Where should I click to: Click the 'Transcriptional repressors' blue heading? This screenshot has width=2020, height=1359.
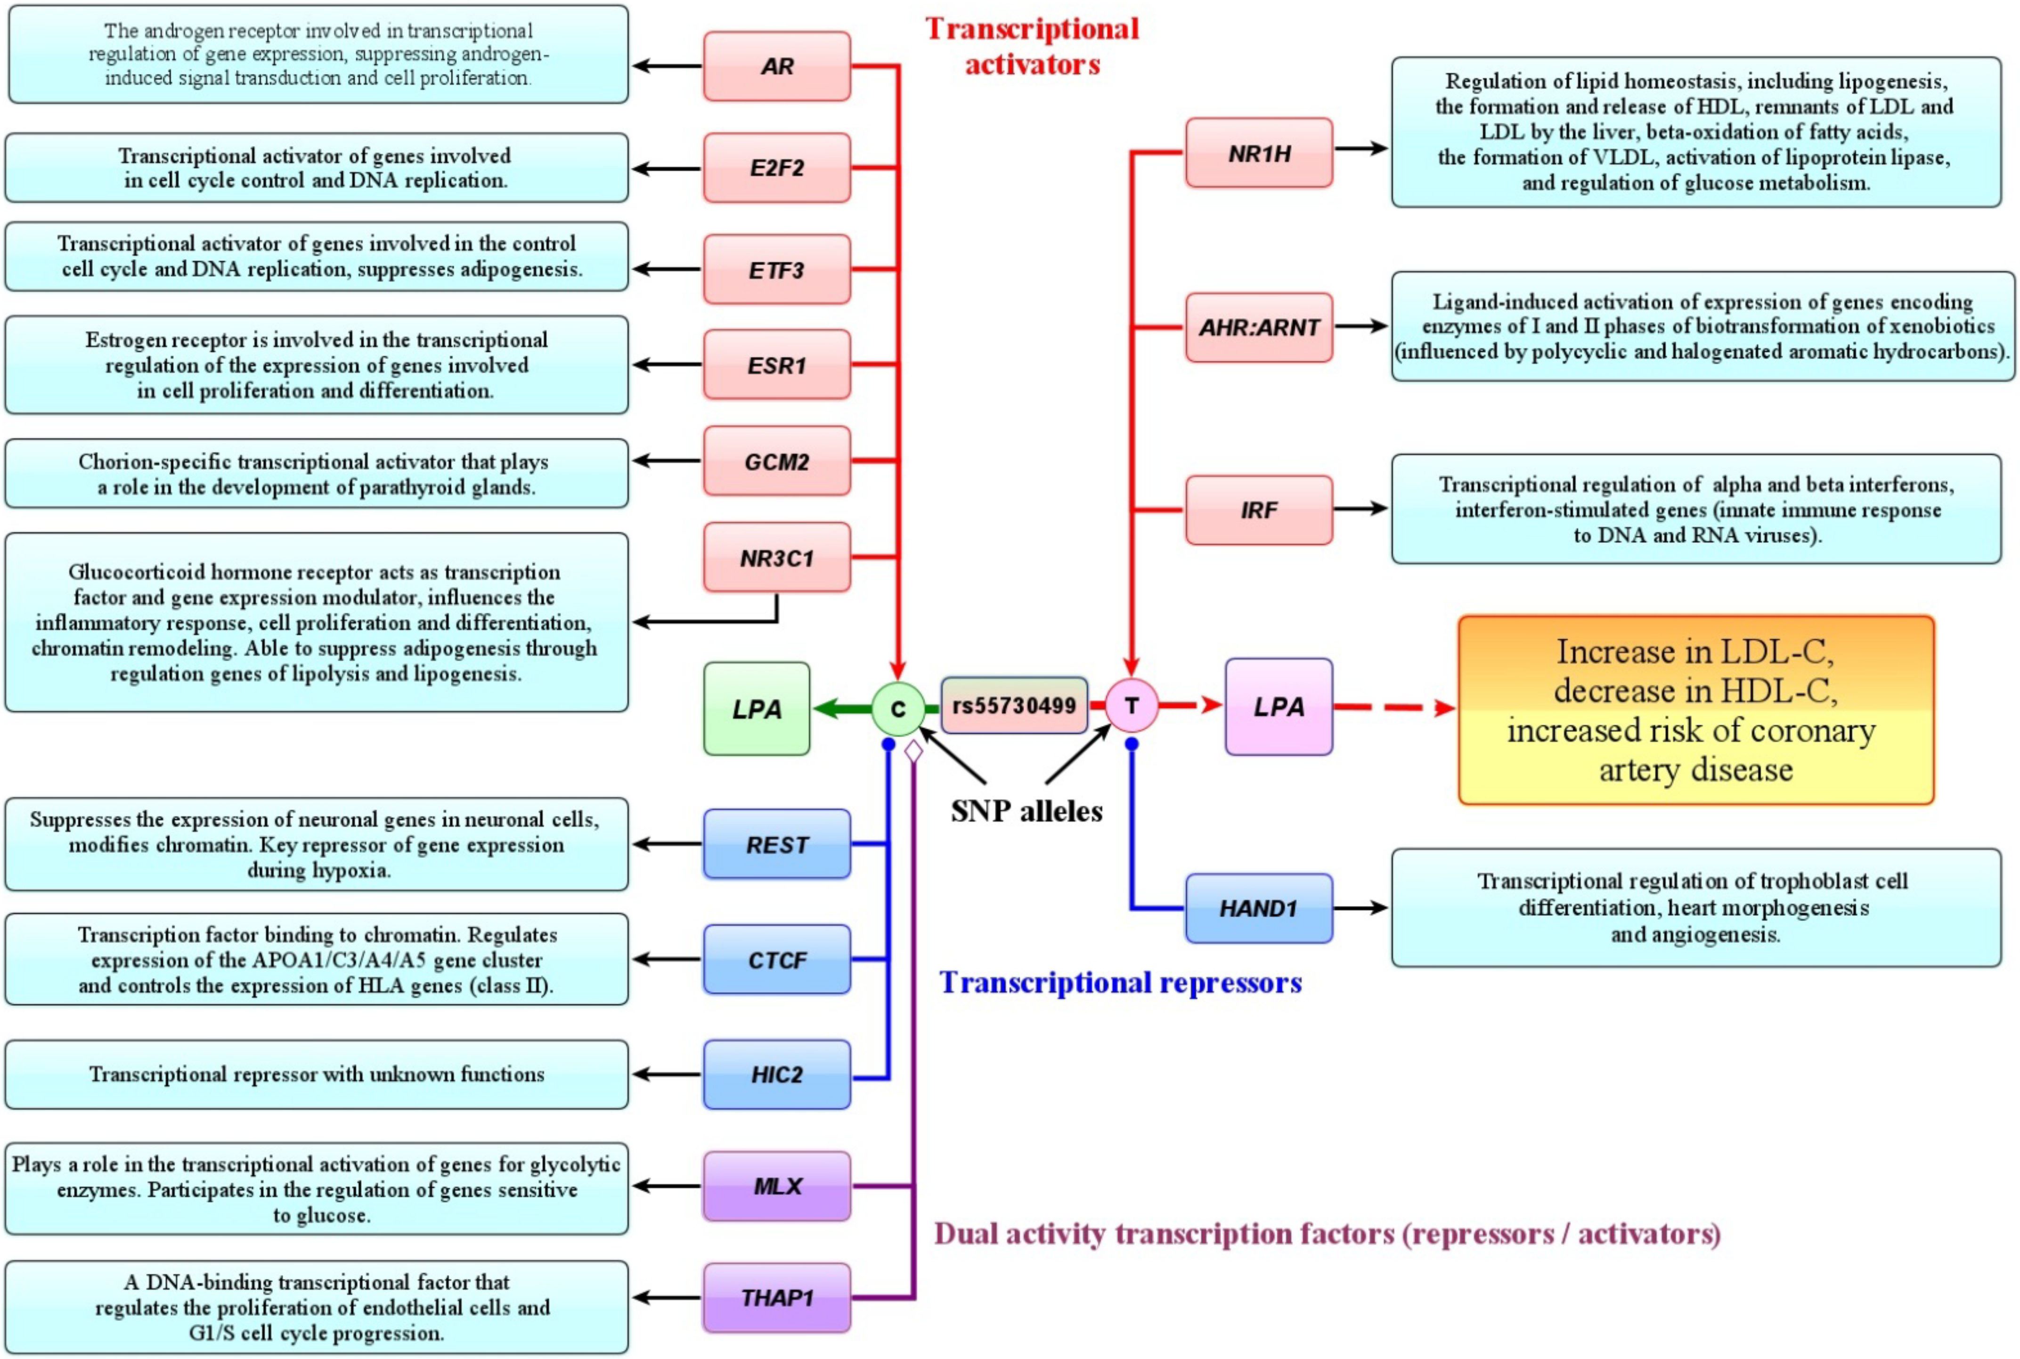tap(1120, 982)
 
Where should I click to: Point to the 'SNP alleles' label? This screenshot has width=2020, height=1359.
tap(1026, 810)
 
